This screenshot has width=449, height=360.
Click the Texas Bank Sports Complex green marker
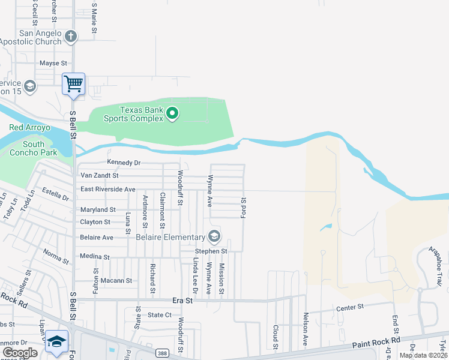(x=172, y=113)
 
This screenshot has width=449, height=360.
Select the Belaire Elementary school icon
(x=214, y=236)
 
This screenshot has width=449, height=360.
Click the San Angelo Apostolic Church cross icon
(x=71, y=37)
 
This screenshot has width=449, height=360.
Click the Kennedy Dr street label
(x=124, y=163)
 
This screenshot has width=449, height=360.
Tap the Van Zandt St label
(x=100, y=176)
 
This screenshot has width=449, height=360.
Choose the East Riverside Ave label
(x=108, y=189)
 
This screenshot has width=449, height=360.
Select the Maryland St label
(x=98, y=210)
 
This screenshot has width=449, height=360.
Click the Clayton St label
(x=95, y=222)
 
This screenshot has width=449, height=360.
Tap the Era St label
(x=182, y=299)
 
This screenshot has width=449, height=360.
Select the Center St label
(x=350, y=307)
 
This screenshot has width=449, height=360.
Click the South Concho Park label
(x=34, y=148)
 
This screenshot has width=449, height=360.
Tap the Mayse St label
(x=53, y=63)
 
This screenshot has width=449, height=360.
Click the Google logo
(x=20, y=353)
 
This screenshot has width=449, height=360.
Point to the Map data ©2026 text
(x=423, y=355)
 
